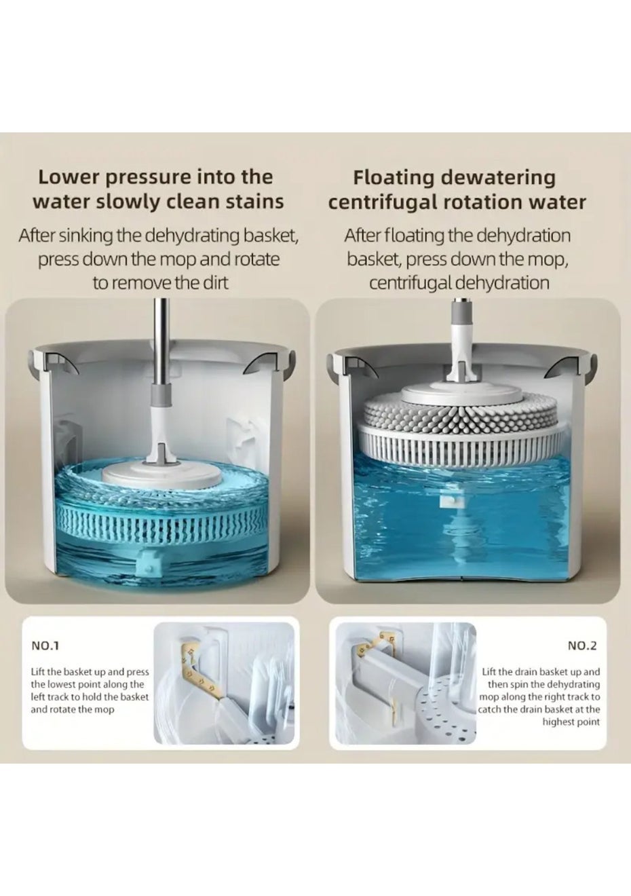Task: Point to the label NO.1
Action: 45,646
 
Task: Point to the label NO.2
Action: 582,646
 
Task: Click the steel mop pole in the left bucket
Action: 162,344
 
